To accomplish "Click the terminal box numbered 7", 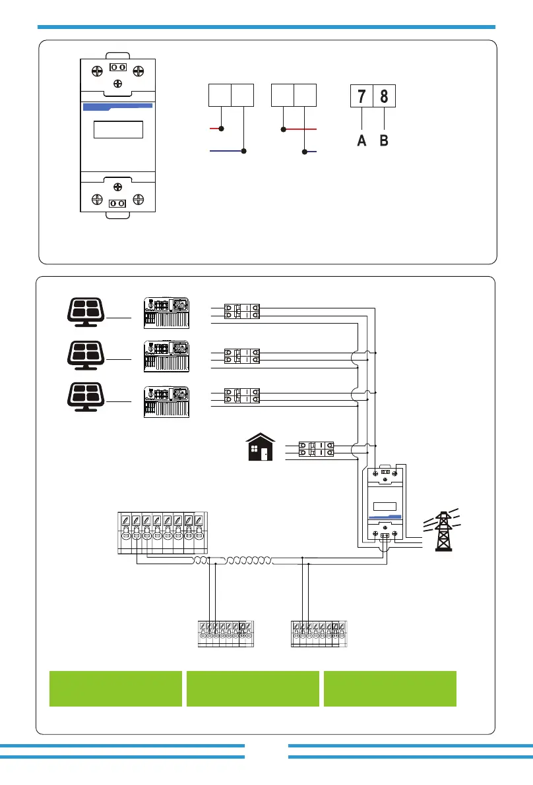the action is point(361,96).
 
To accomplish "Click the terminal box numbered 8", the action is point(384,96).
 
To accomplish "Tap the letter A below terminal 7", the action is point(361,140).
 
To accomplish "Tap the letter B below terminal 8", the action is point(384,140).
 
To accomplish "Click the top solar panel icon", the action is point(86,312).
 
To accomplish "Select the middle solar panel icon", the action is point(86,355).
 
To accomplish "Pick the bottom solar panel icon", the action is point(86,397).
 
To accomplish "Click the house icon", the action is point(261,447).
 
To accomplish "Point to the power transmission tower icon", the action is point(443,530).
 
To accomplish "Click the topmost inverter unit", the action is point(166,313).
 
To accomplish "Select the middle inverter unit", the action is point(166,357).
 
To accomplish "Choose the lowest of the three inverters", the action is point(166,401).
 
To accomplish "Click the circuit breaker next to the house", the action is point(316,449).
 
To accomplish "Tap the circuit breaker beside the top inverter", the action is point(242,311).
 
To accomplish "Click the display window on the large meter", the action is point(118,130).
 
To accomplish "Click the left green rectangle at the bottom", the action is point(115,689).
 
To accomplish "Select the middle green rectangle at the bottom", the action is point(253,689).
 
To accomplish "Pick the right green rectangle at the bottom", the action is point(391,689).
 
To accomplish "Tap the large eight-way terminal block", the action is point(162,533).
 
